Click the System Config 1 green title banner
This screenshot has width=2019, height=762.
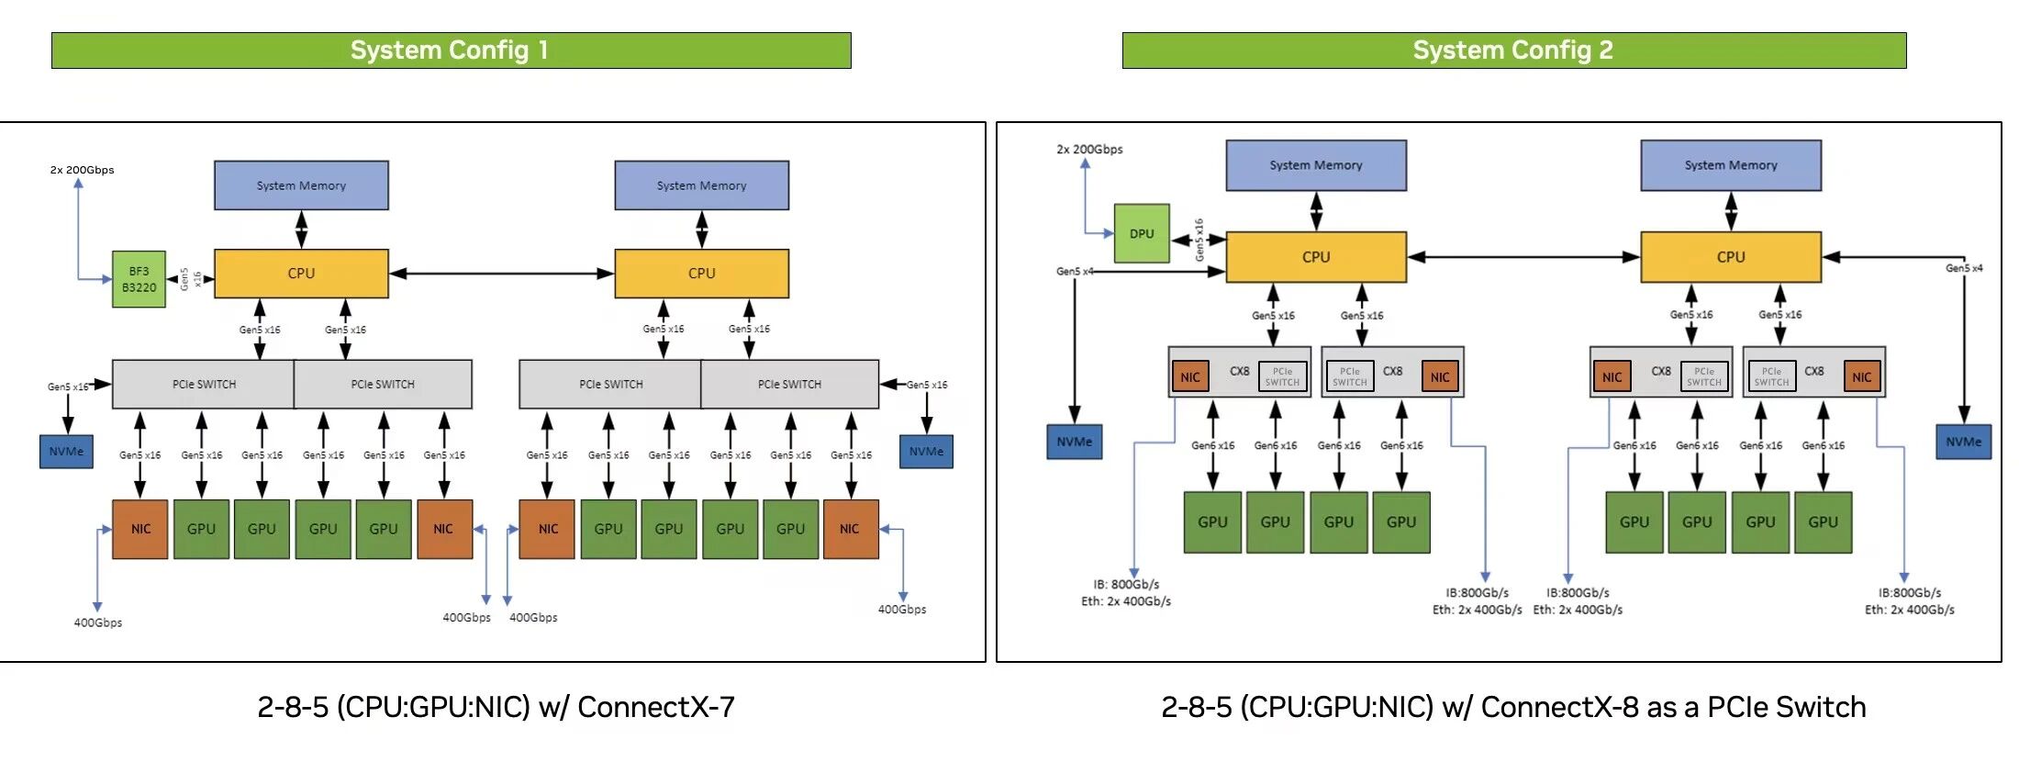tap(451, 50)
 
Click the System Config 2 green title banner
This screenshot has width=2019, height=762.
tap(1513, 50)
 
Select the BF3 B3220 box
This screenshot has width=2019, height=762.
tap(139, 279)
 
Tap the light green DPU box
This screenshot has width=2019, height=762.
tap(1142, 233)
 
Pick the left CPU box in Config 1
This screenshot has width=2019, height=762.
tap(301, 274)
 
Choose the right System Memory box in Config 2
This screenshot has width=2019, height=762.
tap(1730, 165)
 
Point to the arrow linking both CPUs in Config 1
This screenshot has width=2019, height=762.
tap(501, 274)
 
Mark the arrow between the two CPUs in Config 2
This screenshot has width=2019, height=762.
tap(1523, 257)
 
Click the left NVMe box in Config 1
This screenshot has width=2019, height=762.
tap(66, 452)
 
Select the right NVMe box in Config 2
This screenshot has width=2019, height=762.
tap(1963, 442)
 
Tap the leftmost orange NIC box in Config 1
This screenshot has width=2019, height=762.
tap(139, 529)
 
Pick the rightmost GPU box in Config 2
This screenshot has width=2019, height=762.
tap(1823, 521)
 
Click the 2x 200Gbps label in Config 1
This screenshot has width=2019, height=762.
tap(82, 170)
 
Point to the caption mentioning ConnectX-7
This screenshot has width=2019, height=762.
tap(496, 707)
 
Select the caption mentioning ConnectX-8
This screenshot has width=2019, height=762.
tap(1513, 707)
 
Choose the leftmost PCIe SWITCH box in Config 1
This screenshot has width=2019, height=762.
tap(204, 384)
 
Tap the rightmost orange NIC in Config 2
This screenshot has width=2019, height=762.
tap(1862, 376)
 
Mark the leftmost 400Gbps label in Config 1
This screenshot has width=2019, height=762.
tap(98, 622)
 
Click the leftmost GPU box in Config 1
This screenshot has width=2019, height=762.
tap(201, 529)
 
